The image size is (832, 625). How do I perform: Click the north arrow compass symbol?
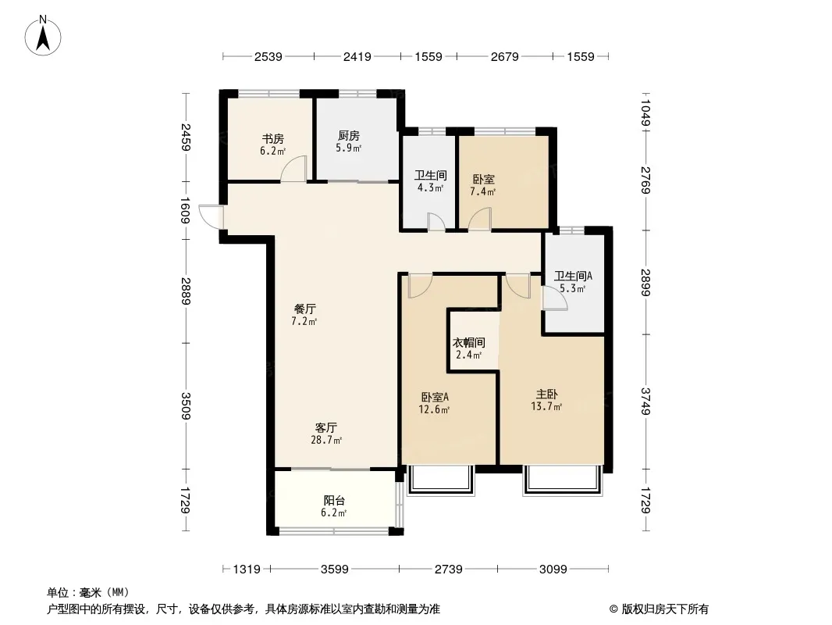pos(43,36)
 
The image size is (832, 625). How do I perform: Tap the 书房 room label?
pos(272,139)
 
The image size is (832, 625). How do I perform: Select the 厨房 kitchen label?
pos(349,136)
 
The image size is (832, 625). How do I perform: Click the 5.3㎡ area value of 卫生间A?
pos(573,289)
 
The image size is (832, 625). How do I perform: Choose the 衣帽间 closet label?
pos(468,342)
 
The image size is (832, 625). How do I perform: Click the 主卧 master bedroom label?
pos(546,394)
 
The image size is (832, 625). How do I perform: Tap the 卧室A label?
pos(435,397)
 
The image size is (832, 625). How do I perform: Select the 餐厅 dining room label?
pos(305,309)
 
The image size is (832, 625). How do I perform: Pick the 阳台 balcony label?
pos(334,500)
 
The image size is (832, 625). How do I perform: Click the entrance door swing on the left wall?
pos(211,216)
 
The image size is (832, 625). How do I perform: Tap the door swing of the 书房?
pos(294,169)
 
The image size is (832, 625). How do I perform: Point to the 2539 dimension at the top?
pos(268,56)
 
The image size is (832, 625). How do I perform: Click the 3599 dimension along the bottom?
pos(335,570)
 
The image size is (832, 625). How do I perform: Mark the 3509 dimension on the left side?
pos(185,405)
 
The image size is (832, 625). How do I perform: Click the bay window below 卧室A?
pos(440,481)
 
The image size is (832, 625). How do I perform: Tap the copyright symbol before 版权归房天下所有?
pos(613,609)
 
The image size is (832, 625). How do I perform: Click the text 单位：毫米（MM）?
pos(88,592)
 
